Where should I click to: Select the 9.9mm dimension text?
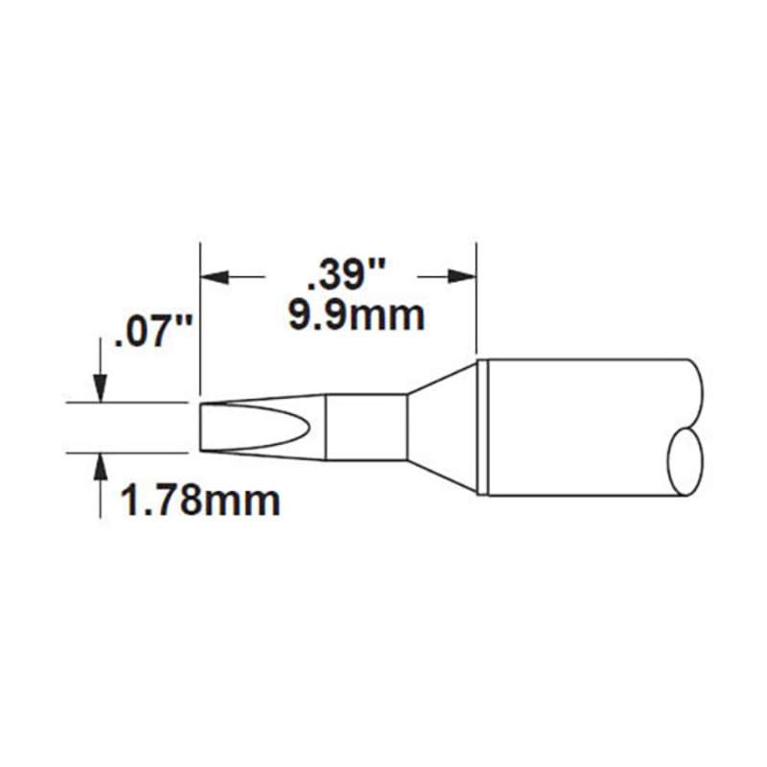(357, 316)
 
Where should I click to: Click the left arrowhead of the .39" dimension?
(215, 277)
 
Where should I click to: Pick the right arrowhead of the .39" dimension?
(462, 277)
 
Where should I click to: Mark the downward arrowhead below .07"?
(101, 388)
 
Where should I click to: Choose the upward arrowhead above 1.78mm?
(101, 467)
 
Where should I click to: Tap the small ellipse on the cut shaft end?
(683, 463)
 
